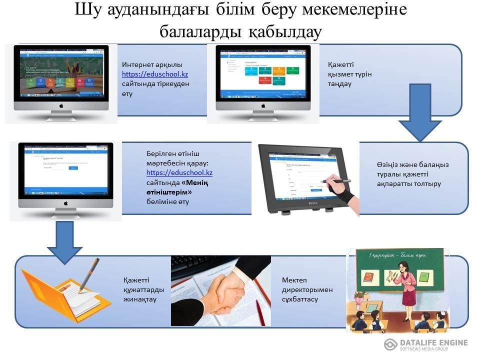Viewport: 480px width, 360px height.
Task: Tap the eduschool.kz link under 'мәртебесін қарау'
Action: (179, 172)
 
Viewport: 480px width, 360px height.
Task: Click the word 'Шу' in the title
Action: (88, 10)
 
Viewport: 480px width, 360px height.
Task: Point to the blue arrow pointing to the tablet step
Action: (418, 112)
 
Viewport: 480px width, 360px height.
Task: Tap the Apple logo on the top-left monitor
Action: (62, 106)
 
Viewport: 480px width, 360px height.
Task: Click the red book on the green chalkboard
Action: (368, 276)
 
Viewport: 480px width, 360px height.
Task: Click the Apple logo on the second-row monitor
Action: (65, 203)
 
